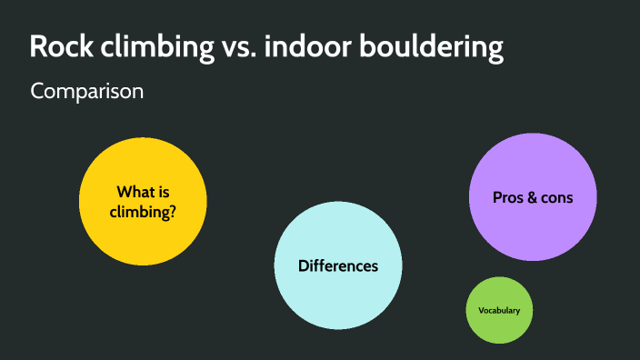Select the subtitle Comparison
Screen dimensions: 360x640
[86, 92]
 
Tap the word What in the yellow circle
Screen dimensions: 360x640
[136, 192]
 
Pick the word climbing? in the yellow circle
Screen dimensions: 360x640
[143, 211]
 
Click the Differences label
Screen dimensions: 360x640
[337, 265]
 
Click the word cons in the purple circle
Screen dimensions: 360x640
[555, 196]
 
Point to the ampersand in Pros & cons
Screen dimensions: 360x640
[532, 196]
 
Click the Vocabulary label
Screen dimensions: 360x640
[499, 311]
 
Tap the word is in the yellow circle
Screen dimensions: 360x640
[164, 192]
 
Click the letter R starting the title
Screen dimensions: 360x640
[38, 46]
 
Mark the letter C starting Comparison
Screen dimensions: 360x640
[36, 92]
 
